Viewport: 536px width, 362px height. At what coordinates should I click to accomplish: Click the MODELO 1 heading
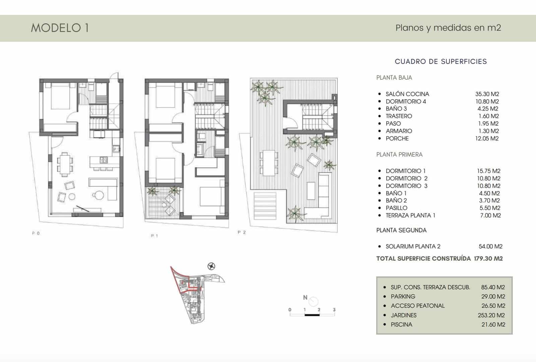[60, 28]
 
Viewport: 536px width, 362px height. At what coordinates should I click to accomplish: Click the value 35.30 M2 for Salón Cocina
[487, 94]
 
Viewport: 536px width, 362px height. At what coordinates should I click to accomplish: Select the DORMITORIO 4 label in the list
[406, 102]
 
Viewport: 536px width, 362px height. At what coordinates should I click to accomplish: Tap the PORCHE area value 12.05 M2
[487, 138]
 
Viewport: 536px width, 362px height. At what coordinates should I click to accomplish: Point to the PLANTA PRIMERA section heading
[399, 155]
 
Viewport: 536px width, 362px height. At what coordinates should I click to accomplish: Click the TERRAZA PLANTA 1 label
[410, 216]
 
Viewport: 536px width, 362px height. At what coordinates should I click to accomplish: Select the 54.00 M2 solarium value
[490, 246]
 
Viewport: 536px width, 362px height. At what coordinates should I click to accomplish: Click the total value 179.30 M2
[488, 258]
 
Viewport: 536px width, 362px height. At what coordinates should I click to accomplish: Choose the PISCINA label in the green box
[401, 324]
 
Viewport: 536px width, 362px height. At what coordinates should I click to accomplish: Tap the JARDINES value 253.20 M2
[491, 315]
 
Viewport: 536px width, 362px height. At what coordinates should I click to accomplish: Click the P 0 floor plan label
[36, 233]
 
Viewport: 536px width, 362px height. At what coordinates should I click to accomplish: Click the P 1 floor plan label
[154, 236]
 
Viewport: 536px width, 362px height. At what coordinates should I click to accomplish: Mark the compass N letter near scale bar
[305, 297]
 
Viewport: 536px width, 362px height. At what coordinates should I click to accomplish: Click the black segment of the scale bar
[312, 315]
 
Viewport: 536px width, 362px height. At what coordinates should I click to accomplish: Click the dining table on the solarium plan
[269, 163]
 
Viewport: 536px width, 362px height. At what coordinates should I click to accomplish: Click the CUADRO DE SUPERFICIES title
[441, 61]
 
